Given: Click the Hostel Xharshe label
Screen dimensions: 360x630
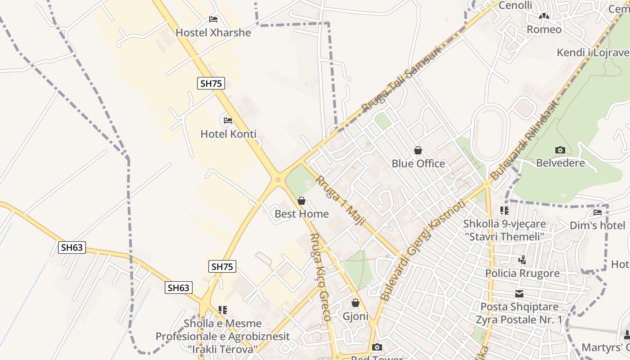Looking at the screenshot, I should coord(213,32).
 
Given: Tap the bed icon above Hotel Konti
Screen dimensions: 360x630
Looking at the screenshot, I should coord(228,121).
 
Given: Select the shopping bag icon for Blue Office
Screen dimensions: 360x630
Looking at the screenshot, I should coord(418,150).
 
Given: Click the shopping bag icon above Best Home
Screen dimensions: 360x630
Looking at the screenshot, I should coord(301,201).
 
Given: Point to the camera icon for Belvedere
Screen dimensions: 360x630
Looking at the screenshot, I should coord(560,150).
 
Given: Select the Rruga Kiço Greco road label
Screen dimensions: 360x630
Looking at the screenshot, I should coord(320,277).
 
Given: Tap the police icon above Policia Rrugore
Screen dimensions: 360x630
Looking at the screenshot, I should coord(522,260).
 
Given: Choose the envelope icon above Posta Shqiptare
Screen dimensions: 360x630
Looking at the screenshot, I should coord(519,294).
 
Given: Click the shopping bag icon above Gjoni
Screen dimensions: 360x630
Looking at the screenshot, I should coord(355,303).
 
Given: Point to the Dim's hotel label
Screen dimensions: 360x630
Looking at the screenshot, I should coord(597,225).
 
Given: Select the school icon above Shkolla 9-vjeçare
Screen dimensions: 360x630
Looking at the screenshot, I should coord(504,210).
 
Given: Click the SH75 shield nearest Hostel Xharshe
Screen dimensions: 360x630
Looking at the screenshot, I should coord(211,83).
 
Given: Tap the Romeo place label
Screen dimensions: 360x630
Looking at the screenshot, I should coord(544,30).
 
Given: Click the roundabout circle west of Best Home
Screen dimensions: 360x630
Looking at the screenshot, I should coord(278,180).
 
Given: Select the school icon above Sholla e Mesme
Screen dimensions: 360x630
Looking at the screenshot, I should coord(222,310).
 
